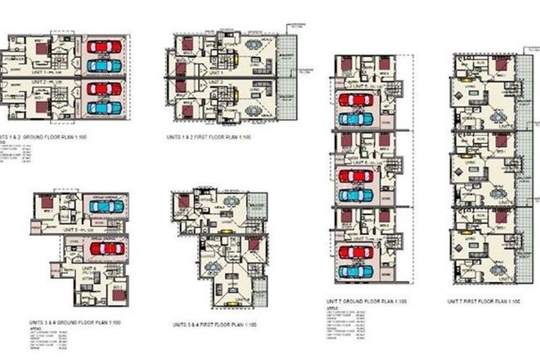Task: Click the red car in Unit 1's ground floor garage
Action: (x=101, y=46)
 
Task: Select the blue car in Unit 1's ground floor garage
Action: (x=101, y=65)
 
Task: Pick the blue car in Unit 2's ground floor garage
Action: (x=101, y=107)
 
